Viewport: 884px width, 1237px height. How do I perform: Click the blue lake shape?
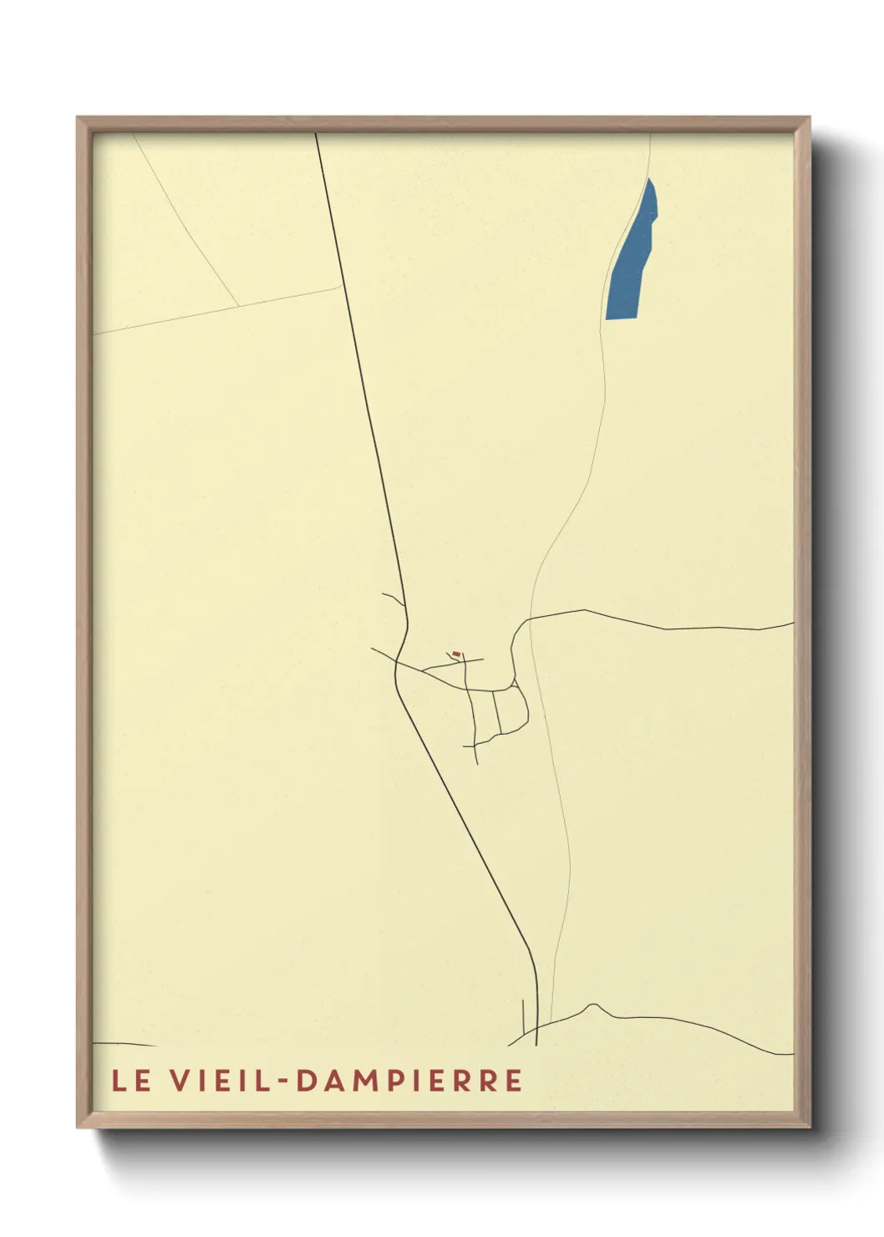point(631,259)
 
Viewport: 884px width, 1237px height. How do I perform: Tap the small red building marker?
point(456,654)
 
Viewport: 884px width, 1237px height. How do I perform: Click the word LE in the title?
point(131,1081)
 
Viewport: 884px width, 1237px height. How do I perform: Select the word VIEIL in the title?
point(218,1081)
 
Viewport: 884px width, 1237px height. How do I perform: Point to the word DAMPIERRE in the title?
point(409,1081)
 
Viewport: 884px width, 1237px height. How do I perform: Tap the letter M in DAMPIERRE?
point(357,1081)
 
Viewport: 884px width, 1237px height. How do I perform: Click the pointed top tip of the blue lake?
point(649,179)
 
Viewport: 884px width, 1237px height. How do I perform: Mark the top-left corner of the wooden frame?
point(78,118)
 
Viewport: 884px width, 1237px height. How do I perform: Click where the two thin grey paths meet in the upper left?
point(239,306)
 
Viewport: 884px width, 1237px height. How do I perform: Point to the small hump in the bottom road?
point(593,1005)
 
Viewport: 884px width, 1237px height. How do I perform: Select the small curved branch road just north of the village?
point(394,598)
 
